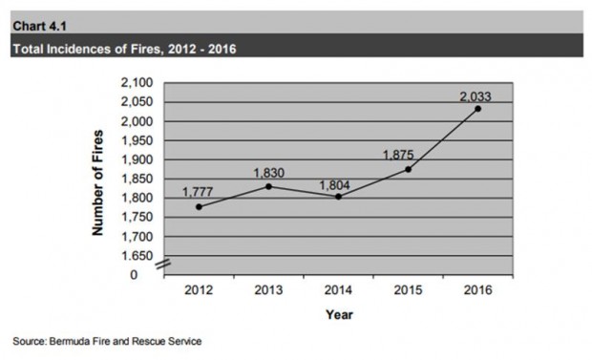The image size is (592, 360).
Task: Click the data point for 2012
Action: (x=199, y=207)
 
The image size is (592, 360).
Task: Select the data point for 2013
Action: (x=269, y=186)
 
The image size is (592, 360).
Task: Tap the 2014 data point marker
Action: (x=338, y=197)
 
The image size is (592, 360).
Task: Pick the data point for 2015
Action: (x=408, y=169)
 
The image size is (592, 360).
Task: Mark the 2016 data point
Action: (x=478, y=109)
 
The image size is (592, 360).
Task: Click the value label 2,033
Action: (x=476, y=96)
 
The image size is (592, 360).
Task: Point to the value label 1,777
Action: (x=198, y=192)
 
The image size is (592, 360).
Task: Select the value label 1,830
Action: (x=268, y=173)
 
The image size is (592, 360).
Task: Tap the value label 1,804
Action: (x=334, y=185)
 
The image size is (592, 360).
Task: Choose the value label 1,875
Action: (x=398, y=155)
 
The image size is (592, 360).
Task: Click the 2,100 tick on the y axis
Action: (x=137, y=83)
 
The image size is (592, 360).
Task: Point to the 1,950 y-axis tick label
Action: (x=137, y=140)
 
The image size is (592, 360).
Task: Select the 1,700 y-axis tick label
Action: (x=137, y=237)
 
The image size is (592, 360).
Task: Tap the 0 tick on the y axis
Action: (x=134, y=275)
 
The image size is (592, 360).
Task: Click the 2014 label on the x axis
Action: (x=338, y=290)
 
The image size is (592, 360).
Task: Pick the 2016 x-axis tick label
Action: (x=478, y=290)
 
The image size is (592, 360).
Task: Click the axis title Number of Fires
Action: (x=97, y=182)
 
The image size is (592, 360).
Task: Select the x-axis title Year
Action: (x=339, y=315)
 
